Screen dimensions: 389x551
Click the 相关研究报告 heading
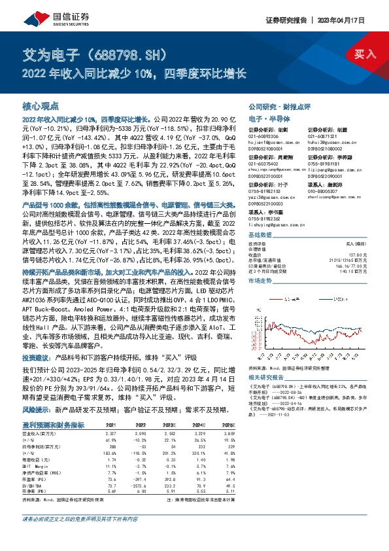pos(267,378)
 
